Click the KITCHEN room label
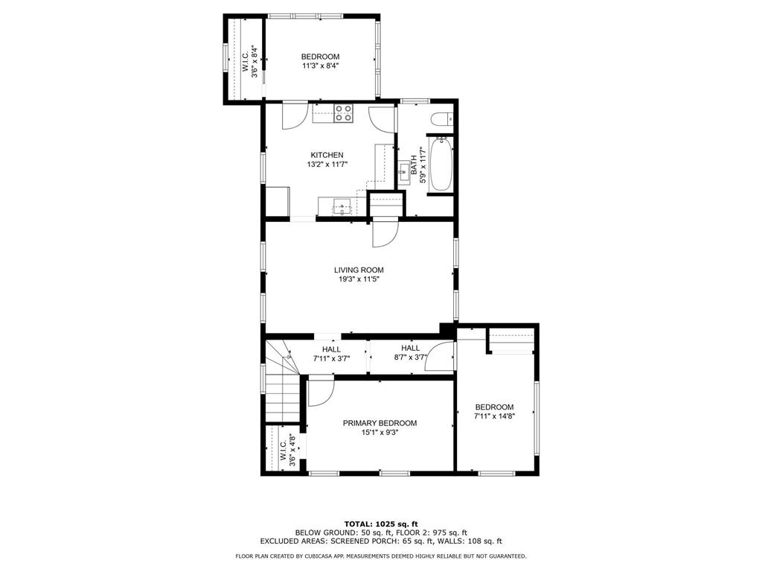tap(327, 155)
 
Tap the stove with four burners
tap(344, 113)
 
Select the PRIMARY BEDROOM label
tap(380, 423)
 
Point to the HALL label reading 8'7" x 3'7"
tap(410, 348)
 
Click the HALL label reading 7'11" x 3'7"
tap(331, 349)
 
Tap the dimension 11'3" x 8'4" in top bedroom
tap(320, 66)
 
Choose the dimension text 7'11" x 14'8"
tap(495, 416)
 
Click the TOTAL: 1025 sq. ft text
tap(380, 523)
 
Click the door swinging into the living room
tap(385, 233)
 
